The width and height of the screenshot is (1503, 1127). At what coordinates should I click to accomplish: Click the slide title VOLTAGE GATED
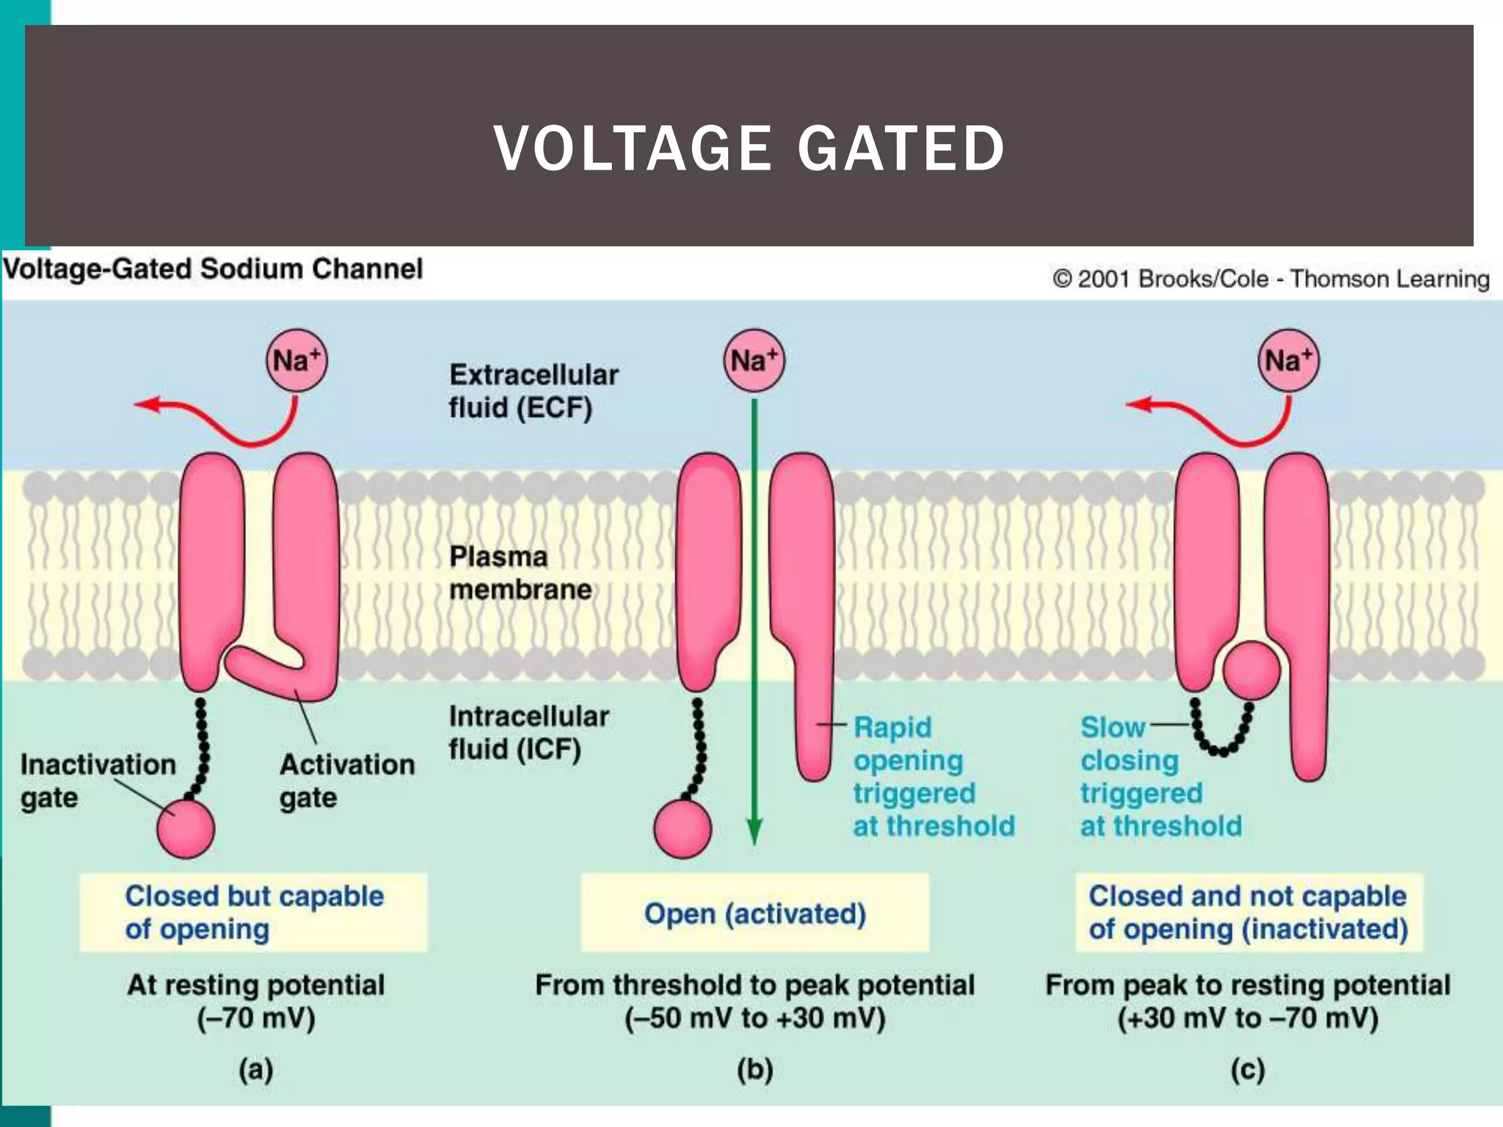749,148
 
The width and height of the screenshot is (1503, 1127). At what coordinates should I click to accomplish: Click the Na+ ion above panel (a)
296,360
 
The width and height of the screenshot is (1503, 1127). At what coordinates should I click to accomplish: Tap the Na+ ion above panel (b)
754,360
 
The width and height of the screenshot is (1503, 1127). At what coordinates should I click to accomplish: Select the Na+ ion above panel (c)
1288,360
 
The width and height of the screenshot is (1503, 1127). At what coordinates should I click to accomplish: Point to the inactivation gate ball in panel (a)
186,829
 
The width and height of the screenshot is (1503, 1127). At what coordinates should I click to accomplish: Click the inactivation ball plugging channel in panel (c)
1251,670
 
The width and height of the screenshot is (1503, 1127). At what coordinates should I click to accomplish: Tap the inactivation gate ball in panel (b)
683,829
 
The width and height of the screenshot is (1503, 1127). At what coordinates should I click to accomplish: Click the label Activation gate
346,781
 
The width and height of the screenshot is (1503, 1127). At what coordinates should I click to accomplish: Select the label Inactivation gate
97,781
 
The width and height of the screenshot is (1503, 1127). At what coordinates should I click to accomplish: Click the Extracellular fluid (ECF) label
533,391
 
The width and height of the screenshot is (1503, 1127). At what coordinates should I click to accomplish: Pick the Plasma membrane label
520,573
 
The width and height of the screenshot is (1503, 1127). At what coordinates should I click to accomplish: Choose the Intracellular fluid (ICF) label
528,732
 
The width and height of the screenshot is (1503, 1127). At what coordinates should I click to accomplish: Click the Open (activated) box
754,913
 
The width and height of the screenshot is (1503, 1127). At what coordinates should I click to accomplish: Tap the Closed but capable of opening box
253,912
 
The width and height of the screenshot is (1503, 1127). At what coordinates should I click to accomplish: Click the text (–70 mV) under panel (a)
255,1018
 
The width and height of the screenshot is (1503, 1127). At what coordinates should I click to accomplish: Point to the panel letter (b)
754,1071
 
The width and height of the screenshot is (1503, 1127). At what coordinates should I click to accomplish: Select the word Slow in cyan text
1112,727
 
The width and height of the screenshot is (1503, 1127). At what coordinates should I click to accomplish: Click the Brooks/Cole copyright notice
1270,279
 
